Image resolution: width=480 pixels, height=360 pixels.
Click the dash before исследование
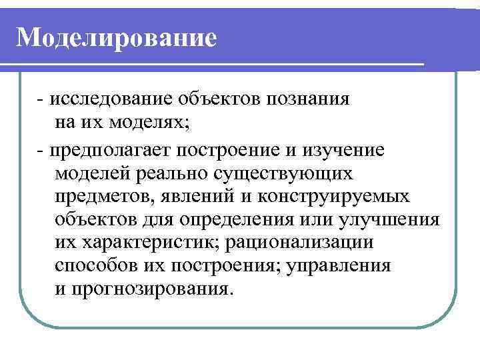tap(41, 100)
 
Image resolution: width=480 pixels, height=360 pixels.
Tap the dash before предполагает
tap(41, 149)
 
